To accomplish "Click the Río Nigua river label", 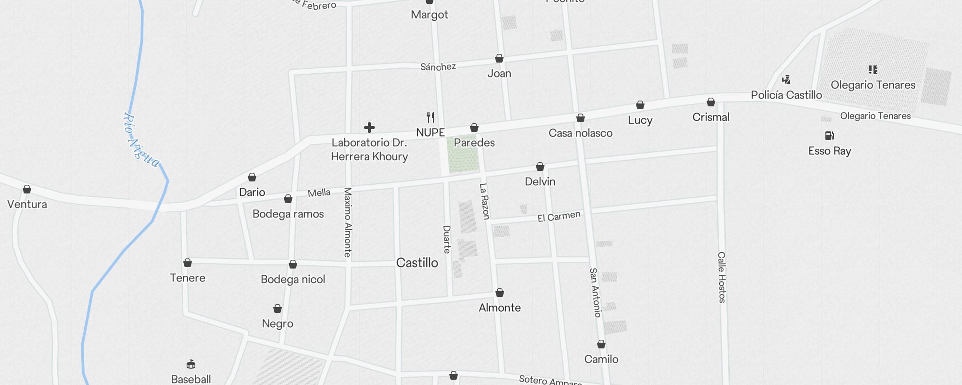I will [x=140, y=140].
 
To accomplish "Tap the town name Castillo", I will [x=417, y=263].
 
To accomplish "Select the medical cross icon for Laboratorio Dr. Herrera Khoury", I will [x=369, y=128].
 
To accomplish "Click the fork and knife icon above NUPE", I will [x=430, y=117].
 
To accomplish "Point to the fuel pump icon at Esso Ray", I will [x=829, y=136].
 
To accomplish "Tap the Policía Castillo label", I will [x=786, y=95].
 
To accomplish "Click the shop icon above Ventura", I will [x=27, y=189].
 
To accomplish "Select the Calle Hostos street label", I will [x=721, y=277].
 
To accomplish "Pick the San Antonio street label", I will [x=595, y=293].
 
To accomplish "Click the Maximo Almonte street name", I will [x=348, y=222].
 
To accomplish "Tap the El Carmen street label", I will [x=559, y=217].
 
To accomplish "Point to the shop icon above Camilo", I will [x=601, y=344].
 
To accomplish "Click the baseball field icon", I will [x=191, y=364].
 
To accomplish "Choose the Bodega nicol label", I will [x=293, y=280].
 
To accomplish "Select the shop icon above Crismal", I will [x=711, y=102].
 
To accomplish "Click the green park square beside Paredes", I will [x=463, y=154].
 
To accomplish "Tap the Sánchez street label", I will [x=438, y=67].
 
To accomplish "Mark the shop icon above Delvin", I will [x=540, y=167].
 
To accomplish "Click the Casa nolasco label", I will [x=581, y=133].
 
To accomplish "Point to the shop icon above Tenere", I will [x=188, y=263].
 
